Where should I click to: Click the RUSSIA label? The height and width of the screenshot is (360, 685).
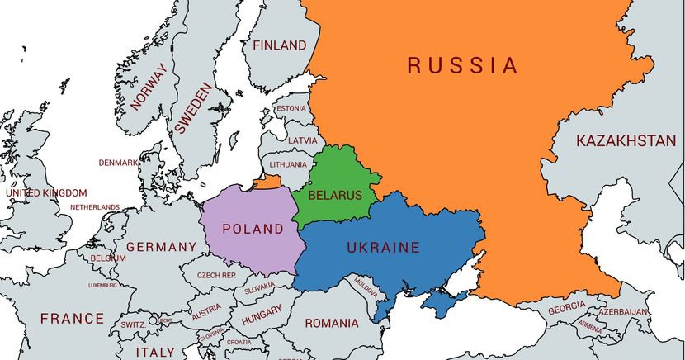point(462,65)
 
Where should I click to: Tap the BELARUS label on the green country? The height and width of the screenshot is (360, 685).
point(334,195)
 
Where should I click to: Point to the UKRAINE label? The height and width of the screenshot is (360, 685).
point(383,247)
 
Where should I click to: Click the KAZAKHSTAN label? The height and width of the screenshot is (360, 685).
point(626,141)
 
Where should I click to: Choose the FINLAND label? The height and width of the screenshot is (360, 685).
point(279,45)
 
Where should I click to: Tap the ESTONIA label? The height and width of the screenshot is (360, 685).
point(291,108)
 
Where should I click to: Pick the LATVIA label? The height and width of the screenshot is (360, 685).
point(302,140)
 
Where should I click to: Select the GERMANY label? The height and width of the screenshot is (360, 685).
point(161,247)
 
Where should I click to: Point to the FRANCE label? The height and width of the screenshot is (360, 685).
point(73,318)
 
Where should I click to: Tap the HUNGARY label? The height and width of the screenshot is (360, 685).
point(262,315)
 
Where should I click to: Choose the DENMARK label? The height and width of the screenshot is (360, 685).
point(118,163)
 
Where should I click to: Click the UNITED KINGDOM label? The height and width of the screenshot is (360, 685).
point(45,192)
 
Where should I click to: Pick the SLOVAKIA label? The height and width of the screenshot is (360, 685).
point(259,287)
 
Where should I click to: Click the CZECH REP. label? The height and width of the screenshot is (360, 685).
point(216,275)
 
